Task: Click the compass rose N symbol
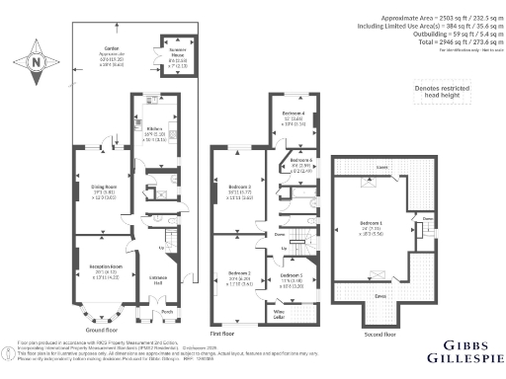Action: tap(37, 62)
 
